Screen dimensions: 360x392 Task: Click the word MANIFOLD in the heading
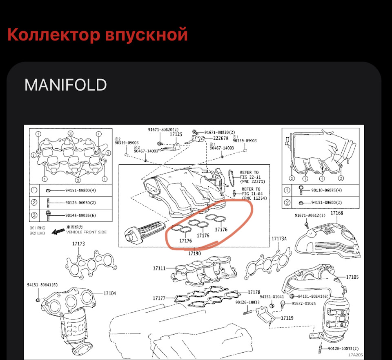click(66, 85)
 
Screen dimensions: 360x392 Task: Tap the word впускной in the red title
click(146, 35)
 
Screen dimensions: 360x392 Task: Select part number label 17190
click(194, 253)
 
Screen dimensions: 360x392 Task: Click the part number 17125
click(176, 134)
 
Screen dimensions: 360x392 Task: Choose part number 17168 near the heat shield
click(336, 213)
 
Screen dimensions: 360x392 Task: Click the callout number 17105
click(352, 277)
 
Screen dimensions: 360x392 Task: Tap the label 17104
click(109, 293)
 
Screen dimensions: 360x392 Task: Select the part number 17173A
click(279, 238)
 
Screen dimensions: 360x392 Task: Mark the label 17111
click(159, 268)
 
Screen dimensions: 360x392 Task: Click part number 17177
click(159, 298)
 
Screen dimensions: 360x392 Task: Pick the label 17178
click(254, 292)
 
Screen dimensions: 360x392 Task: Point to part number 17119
click(287, 318)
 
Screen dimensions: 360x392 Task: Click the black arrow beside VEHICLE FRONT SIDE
click(57, 232)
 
